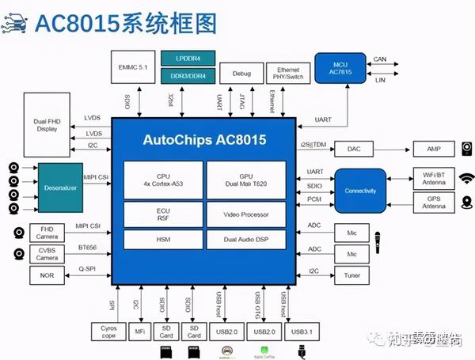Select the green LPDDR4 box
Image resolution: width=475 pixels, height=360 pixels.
(188, 59)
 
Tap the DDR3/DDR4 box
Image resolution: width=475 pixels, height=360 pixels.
(188, 75)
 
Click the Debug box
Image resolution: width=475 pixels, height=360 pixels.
(241, 73)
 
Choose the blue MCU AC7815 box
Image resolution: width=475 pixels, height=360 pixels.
(339, 68)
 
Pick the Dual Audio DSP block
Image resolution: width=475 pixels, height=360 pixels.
(245, 237)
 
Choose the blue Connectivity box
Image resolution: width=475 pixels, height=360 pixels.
(360, 191)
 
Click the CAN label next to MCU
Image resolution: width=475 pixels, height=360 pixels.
(380, 59)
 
